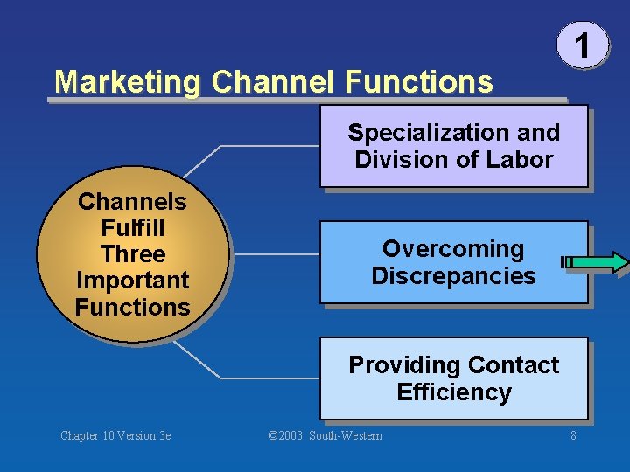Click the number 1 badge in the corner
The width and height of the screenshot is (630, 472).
(x=581, y=44)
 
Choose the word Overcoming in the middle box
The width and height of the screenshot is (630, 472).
(x=453, y=249)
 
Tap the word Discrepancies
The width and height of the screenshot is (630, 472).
(x=453, y=276)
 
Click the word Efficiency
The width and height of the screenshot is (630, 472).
(x=453, y=392)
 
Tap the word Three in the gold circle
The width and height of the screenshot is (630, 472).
(x=132, y=254)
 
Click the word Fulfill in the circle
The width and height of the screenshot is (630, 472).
(x=132, y=228)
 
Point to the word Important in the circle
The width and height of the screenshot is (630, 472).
(x=132, y=281)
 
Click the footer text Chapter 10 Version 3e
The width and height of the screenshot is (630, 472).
(x=115, y=435)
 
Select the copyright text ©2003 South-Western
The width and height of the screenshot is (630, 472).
(x=325, y=435)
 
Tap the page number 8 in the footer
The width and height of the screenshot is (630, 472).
(x=573, y=435)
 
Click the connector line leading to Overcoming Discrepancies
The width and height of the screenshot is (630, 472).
(x=276, y=254)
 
